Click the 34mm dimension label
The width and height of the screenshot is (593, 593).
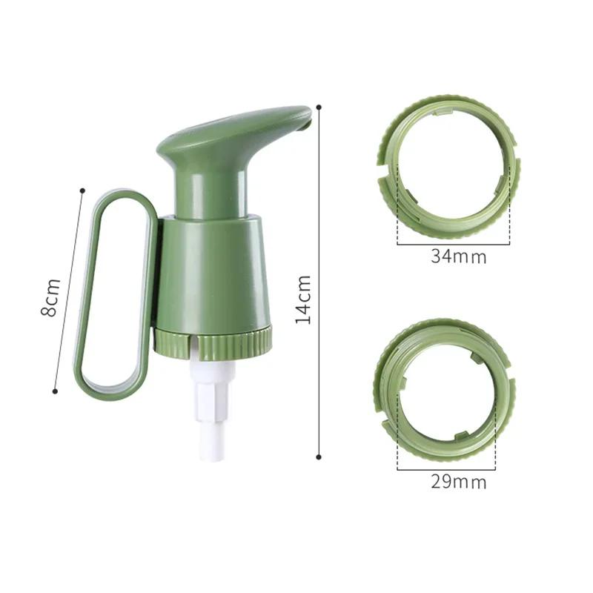click(x=458, y=257)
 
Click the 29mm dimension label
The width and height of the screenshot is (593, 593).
click(x=458, y=482)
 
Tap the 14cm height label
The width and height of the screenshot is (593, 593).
click(x=303, y=299)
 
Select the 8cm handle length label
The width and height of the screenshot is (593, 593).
click(x=50, y=297)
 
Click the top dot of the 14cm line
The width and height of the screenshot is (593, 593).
click(x=319, y=107)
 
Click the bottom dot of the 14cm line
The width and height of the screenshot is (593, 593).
click(x=319, y=457)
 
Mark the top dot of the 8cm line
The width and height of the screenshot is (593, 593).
click(x=82, y=191)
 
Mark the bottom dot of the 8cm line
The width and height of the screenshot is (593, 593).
click(x=55, y=391)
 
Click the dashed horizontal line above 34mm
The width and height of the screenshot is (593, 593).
click(x=454, y=244)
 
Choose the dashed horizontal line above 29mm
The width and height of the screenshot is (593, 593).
click(x=446, y=468)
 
